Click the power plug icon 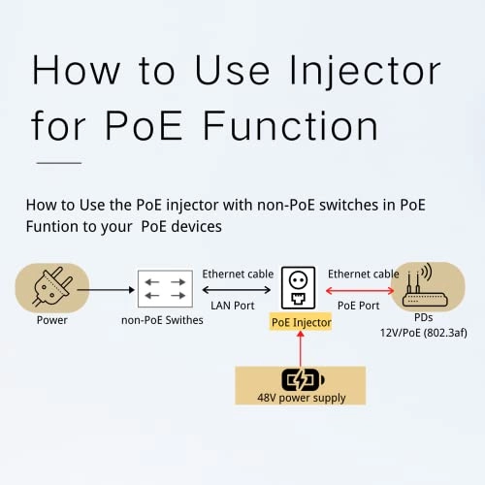pos(52,287)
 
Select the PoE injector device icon pos(301,288)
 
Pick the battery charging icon pos(301,380)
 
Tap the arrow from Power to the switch pos(110,289)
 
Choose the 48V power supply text pos(300,398)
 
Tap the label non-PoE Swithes pos(162,321)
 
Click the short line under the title pos(58,163)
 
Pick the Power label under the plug pos(52,320)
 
